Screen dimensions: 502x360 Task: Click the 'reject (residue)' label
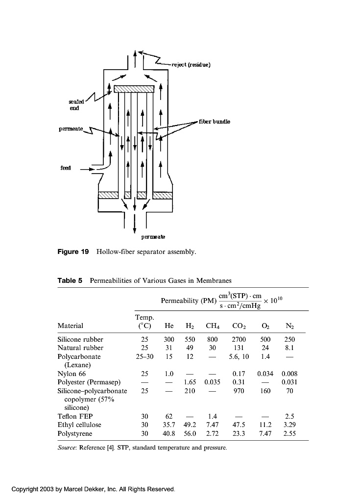point(191,65)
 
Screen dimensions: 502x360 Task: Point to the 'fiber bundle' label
point(214,121)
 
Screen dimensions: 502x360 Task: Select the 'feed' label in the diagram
point(66,168)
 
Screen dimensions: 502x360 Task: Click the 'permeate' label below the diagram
point(153,237)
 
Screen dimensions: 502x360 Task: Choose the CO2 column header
point(239,326)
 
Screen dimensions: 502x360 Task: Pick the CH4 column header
point(212,326)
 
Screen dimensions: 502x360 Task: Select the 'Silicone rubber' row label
point(80,339)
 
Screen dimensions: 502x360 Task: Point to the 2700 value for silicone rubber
point(239,339)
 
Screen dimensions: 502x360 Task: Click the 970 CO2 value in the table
point(239,391)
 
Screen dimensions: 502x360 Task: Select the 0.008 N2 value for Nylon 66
point(289,374)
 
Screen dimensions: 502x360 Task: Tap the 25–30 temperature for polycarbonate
point(144,356)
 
